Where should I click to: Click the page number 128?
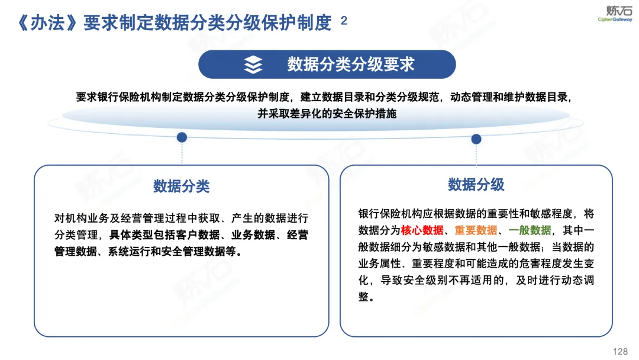pyautogui.click(x=620, y=352)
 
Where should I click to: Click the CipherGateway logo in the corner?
pyautogui.click(x=615, y=14)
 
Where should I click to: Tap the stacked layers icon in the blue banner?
pyautogui.click(x=253, y=65)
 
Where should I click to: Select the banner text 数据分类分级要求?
pyautogui.click(x=351, y=65)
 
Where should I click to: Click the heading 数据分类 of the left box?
pyautogui.click(x=182, y=187)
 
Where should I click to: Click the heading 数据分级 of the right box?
pyautogui.click(x=476, y=185)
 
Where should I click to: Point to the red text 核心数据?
pyautogui.click(x=422, y=230)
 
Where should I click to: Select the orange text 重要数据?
pyautogui.click(x=476, y=230)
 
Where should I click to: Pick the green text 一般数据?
pyautogui.click(x=530, y=230)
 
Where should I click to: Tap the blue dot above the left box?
pyautogui.click(x=182, y=137)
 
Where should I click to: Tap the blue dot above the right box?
pyautogui.click(x=476, y=139)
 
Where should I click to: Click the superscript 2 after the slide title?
pyautogui.click(x=344, y=20)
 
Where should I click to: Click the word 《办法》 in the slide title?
pyautogui.click(x=48, y=23)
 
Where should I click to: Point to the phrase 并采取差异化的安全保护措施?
pyautogui.click(x=327, y=114)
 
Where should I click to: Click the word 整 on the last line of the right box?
pyautogui.click(x=363, y=297)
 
